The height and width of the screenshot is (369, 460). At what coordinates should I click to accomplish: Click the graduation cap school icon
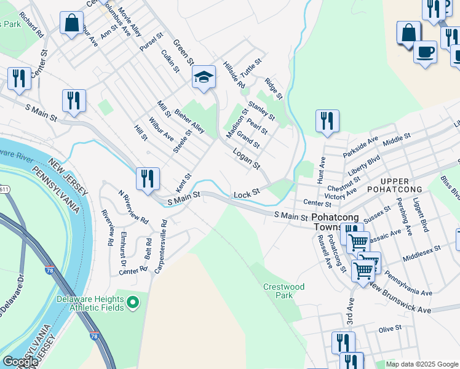click(204, 77)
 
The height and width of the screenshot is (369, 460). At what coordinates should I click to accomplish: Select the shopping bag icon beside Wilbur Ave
click(72, 23)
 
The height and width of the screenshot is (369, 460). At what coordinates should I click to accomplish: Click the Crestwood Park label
click(284, 290)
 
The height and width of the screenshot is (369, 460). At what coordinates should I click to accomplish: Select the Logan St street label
click(247, 158)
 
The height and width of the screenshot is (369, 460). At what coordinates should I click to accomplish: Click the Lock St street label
click(247, 194)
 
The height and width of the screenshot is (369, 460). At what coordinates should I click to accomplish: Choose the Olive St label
click(390, 328)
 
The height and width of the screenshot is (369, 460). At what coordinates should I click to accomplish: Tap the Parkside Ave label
click(361, 146)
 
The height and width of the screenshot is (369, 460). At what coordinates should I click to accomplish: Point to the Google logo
click(20, 362)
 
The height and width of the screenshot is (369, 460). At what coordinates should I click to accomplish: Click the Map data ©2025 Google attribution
click(422, 364)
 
